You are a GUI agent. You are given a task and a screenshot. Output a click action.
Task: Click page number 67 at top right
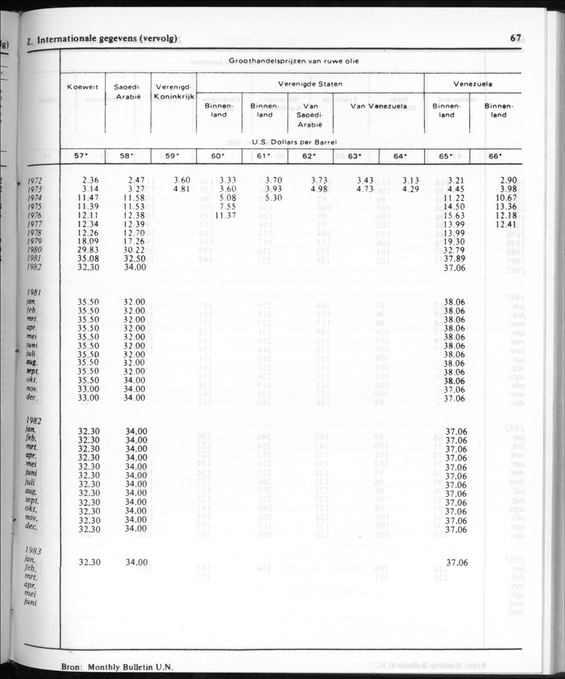tap(515, 38)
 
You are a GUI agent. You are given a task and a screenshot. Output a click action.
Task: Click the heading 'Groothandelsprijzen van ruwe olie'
tap(291, 61)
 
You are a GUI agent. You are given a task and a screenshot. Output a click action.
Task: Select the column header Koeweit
tap(83, 87)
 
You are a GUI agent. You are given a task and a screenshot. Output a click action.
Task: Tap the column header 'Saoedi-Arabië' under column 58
tap(127, 92)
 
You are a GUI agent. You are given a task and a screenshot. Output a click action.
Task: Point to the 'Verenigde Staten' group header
tap(310, 84)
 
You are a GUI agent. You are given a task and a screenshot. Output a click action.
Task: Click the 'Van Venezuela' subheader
tap(378, 106)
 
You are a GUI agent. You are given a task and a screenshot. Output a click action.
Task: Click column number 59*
tap(173, 157)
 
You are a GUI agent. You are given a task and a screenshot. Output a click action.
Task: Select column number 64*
tap(400, 157)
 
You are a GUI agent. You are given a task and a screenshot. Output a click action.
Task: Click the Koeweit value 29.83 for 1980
tap(88, 250)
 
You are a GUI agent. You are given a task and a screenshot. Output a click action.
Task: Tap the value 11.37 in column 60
tap(226, 215)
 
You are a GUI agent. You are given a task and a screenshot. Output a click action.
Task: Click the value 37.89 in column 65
tap(454, 258)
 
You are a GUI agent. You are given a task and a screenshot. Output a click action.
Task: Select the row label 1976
tap(35, 215)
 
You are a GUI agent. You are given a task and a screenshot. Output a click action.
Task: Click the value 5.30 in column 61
tap(273, 197)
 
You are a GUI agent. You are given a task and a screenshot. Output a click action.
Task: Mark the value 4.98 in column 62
tap(318, 189)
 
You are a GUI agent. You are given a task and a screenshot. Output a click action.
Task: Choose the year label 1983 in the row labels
tap(34, 551)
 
